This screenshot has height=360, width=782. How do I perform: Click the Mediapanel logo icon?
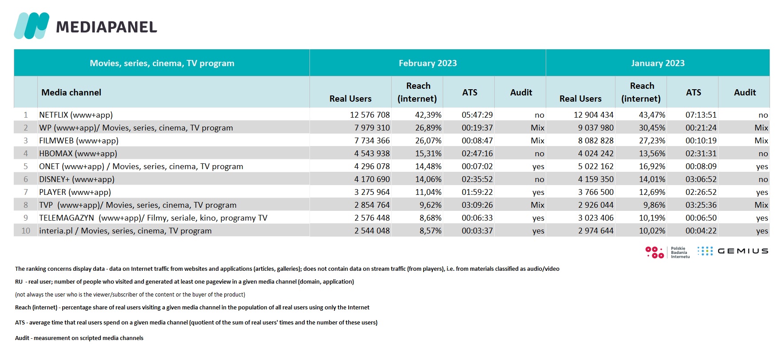tap(31, 26)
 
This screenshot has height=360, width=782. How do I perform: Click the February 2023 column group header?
tap(427, 63)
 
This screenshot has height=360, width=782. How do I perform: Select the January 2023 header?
tap(657, 63)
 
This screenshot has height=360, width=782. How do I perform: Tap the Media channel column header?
tap(71, 92)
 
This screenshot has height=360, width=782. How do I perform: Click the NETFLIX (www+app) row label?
tap(76, 115)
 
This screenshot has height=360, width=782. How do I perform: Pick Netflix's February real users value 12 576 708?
tap(369, 115)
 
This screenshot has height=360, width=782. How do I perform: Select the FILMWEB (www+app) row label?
tap(79, 141)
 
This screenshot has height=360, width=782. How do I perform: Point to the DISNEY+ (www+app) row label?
tap(77, 179)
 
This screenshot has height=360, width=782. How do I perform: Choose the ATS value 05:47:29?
tap(477, 115)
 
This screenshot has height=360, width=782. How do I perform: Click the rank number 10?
tap(26, 231)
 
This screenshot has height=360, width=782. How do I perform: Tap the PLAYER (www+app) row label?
tap(75, 192)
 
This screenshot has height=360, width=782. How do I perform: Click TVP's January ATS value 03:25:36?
tap(701, 205)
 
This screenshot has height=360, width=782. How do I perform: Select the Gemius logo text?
tap(742, 251)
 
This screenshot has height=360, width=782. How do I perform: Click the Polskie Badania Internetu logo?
tap(667, 253)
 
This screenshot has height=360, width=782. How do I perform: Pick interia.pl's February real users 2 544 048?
tap(372, 231)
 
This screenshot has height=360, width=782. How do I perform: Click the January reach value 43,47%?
tap(652, 115)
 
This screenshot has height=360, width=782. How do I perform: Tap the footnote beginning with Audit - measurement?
tap(79, 338)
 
